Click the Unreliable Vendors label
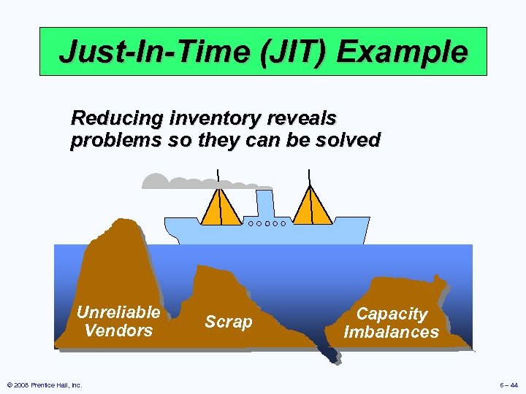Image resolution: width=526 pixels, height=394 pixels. pos(118,321)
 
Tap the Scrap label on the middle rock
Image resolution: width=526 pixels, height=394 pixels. pos(228,322)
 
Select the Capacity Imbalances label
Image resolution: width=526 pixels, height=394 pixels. pos(392,322)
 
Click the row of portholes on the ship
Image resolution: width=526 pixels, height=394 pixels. pos(267,223)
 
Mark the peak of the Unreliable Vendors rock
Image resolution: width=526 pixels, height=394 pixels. pos(126,222)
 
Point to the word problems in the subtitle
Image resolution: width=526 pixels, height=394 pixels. pos(115,139)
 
